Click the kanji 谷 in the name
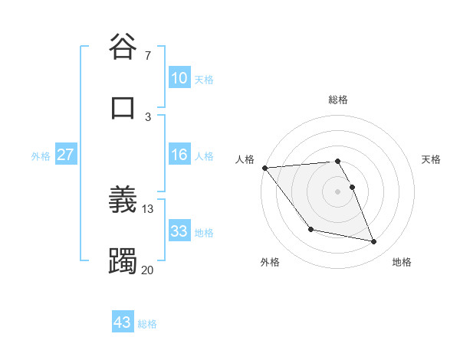pyautogui.click(x=123, y=47)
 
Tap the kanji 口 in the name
pyautogui.click(x=123, y=108)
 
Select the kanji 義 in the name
pyautogui.click(x=123, y=200)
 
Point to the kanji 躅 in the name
pyautogui.click(x=123, y=260)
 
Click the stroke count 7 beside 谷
pyautogui.click(x=148, y=56)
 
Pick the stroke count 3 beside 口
pyautogui.click(x=148, y=116)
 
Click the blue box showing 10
pyautogui.click(x=179, y=78)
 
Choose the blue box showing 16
pyautogui.click(x=179, y=155)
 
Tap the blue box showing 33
pyautogui.click(x=179, y=231)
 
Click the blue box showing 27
pyautogui.click(x=66, y=155)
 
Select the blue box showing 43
pyautogui.click(x=123, y=322)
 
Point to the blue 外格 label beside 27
pyautogui.click(x=41, y=155)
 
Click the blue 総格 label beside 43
pyautogui.click(x=147, y=324)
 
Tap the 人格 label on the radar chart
pyautogui.click(x=245, y=159)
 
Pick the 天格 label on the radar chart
pyautogui.click(x=432, y=159)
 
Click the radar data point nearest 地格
pyautogui.click(x=374, y=242)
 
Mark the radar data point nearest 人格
pyautogui.click(x=264, y=168)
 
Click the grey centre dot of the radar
pyautogui.click(x=337, y=191)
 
